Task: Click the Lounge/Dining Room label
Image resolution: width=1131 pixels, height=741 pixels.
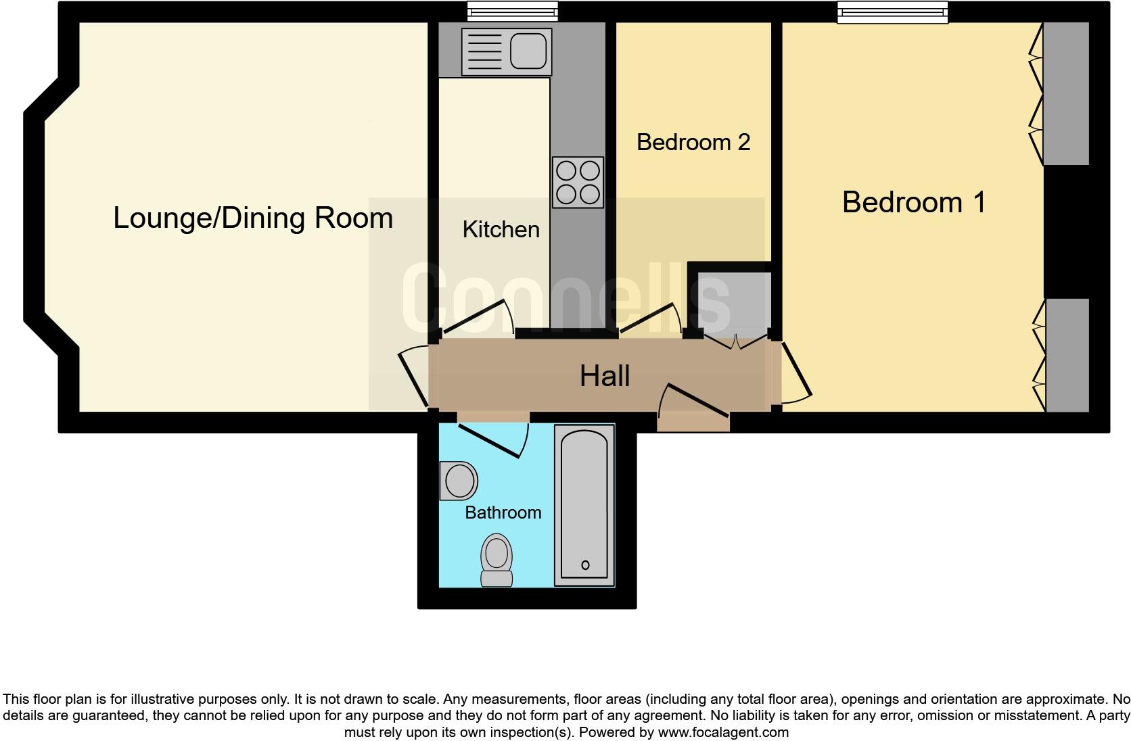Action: click(252, 218)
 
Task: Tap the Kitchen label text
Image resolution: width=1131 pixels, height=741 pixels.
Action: click(501, 230)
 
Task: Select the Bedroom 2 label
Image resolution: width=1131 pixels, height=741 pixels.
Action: click(693, 142)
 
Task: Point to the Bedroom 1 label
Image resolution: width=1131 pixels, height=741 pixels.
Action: click(913, 202)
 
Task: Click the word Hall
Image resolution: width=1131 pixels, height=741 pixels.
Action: click(605, 376)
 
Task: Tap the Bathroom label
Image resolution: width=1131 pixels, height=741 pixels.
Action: click(503, 512)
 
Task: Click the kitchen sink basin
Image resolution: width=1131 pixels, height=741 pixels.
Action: click(528, 51)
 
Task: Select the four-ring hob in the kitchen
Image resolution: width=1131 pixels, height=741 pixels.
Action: click(578, 183)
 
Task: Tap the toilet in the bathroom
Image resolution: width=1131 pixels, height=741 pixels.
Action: click(497, 560)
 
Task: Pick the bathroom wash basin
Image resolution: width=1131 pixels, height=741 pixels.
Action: click(458, 481)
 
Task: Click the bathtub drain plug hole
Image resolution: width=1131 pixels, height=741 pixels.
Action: click(585, 565)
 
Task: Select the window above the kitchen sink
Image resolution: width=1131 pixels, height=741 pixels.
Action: click(513, 11)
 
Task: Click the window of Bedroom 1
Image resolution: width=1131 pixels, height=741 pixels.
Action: click(892, 12)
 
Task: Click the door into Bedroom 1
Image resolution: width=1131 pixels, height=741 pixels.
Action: click(796, 372)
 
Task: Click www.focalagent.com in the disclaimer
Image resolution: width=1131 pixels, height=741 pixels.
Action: click(722, 732)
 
